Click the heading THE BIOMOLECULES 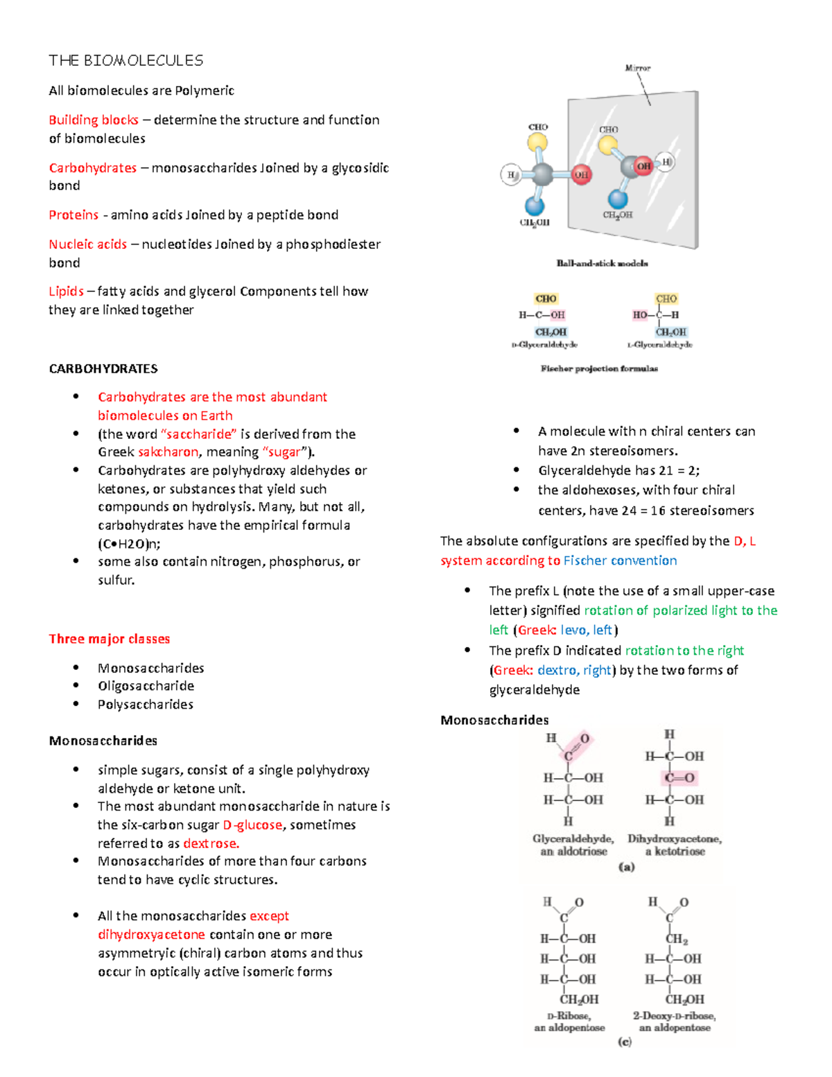tap(125, 61)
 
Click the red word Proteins tap(73, 215)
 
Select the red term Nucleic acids tap(87, 244)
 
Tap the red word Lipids tap(66, 291)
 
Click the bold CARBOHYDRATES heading tap(103, 369)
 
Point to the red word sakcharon tap(168, 452)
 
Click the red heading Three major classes tap(109, 639)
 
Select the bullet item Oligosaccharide tap(146, 686)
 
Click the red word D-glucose tap(252, 825)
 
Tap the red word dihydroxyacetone tap(151, 935)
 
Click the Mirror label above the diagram tap(637, 68)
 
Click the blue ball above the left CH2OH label tap(535, 205)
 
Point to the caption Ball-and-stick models tap(602, 264)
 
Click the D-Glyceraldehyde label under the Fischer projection tap(544, 345)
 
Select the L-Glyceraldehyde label tap(659, 345)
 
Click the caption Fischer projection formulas tap(599, 369)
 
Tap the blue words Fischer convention tap(620, 560)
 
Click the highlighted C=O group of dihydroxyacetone tap(679, 778)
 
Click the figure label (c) tap(625, 1042)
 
